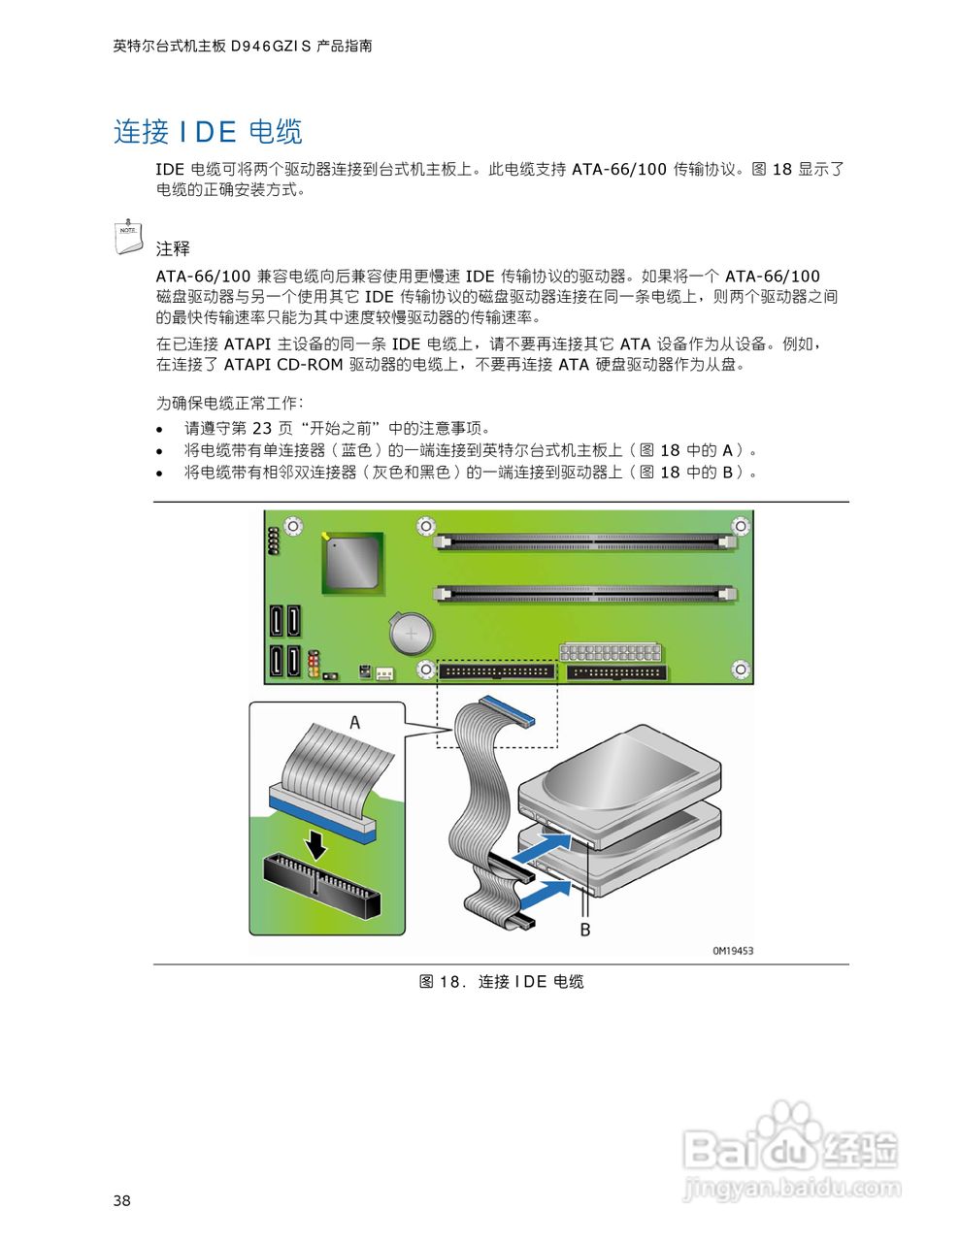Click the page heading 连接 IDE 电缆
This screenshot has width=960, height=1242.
tap(208, 132)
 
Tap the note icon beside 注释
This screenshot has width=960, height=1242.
tap(128, 237)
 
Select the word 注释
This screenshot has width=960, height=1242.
tap(173, 248)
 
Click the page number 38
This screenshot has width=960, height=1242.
tap(121, 1200)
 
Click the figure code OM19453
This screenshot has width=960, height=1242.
tap(732, 951)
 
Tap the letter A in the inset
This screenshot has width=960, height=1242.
tap(354, 722)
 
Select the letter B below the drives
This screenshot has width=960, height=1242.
tap(585, 930)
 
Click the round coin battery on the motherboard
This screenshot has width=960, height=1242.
tap(411, 636)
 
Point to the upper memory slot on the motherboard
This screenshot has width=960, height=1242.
tap(584, 539)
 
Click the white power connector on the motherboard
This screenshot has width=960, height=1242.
tap(610, 652)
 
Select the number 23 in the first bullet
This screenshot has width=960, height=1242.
tap(262, 428)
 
